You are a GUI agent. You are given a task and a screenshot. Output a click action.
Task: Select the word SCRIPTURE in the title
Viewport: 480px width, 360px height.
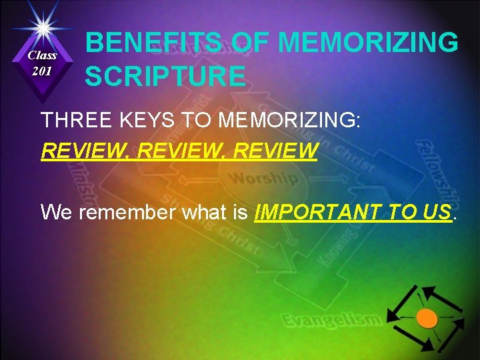(165, 77)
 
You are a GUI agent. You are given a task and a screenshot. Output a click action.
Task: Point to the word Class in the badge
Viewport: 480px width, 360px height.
(42, 55)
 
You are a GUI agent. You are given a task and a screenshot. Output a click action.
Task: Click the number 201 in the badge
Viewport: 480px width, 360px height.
(42, 71)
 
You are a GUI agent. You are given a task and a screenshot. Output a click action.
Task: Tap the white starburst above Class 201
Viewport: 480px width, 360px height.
(42, 26)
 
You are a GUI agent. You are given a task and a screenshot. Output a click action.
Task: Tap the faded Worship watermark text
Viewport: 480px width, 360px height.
(263, 179)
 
